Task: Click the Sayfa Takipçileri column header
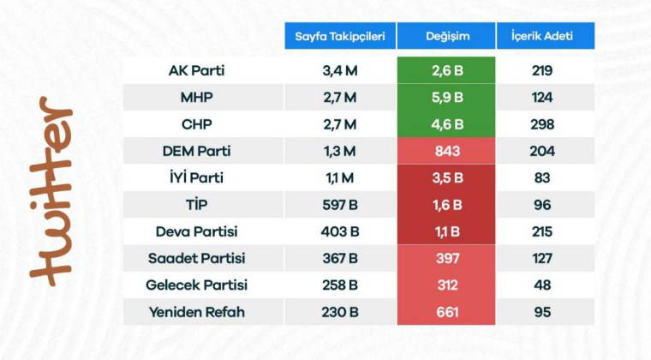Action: (x=340, y=36)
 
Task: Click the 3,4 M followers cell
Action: (x=340, y=70)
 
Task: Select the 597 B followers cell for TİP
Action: (x=340, y=205)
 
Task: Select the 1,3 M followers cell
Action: (x=340, y=151)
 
